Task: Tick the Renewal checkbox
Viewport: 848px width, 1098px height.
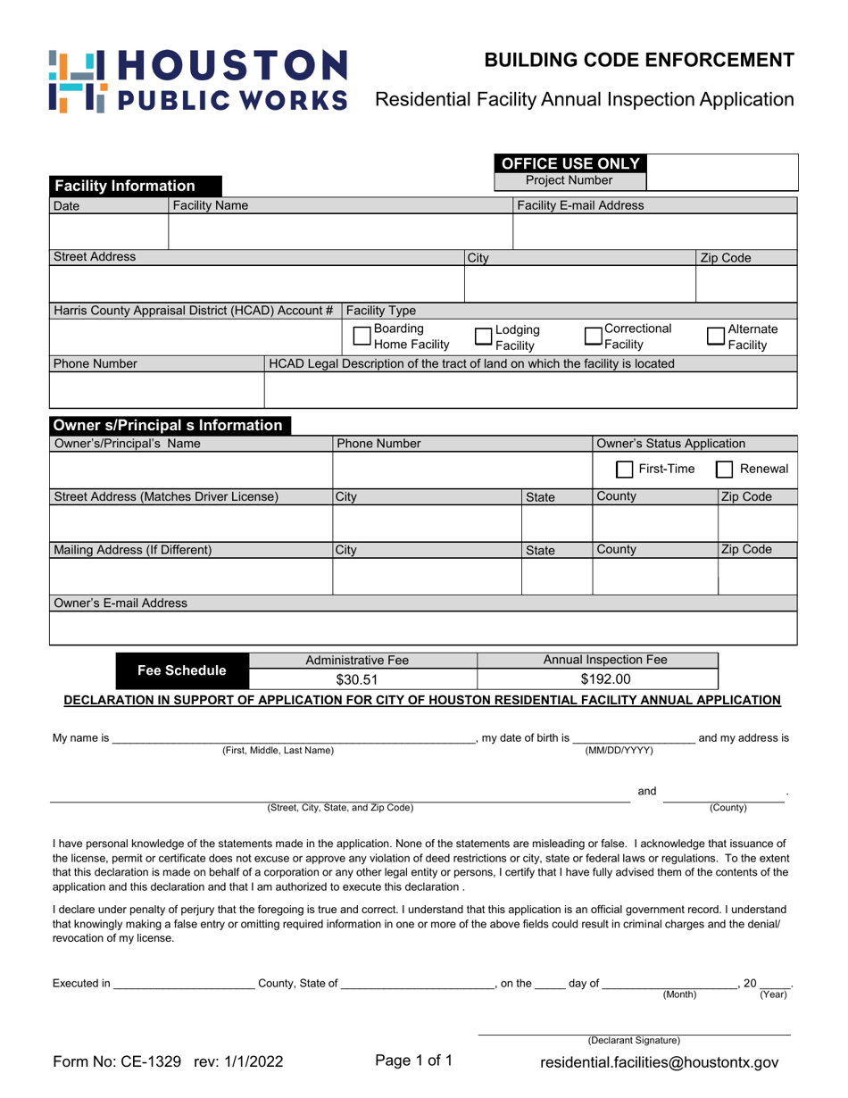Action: coord(727,470)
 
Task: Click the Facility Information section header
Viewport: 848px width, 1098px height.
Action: coord(125,187)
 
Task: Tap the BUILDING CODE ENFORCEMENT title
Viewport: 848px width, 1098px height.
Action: coord(639,61)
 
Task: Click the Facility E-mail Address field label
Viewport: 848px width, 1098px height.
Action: coord(580,206)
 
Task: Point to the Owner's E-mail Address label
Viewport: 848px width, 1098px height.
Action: coord(121,603)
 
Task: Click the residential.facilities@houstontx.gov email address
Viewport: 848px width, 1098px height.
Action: coord(660,1063)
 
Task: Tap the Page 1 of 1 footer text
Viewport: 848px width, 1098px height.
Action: coord(414,1061)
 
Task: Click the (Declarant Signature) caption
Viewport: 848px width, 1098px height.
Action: coord(633,1041)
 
